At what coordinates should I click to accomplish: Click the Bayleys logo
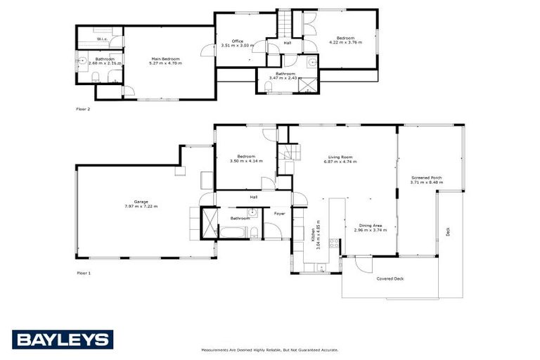point(63,340)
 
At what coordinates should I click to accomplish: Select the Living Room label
point(341,157)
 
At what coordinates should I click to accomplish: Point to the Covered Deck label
point(390,278)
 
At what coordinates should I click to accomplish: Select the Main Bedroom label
point(166,59)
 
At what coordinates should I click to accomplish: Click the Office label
point(237,41)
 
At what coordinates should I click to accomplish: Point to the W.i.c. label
point(101,39)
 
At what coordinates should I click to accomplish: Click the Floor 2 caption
point(83,109)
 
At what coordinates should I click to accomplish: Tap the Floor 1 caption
point(83,272)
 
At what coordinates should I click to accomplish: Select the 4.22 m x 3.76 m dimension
point(345,42)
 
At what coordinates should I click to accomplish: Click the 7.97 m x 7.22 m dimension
point(141,206)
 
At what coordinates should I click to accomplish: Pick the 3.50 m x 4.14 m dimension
point(245,161)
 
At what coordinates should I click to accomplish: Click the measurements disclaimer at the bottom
point(269,349)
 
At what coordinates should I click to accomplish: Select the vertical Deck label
point(448,231)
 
